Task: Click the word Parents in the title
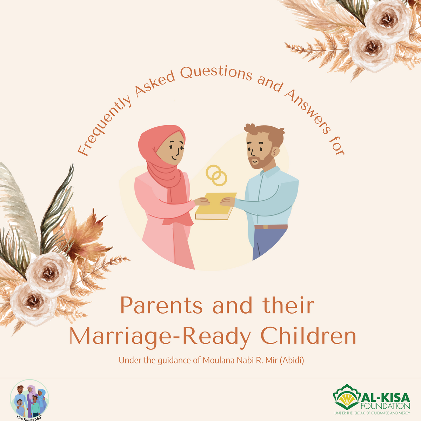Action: coord(161,306)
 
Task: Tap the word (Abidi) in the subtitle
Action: coord(292,360)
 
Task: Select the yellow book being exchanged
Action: coord(215,207)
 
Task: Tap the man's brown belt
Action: coord(270,227)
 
